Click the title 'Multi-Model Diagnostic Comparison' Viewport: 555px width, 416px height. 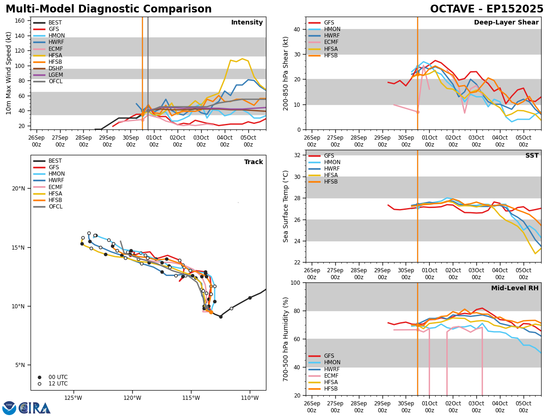pos(109,9)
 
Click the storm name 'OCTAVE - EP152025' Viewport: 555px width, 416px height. pos(487,9)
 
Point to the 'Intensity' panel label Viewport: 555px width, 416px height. pos(247,23)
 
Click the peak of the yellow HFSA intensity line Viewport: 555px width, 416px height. pos(242,59)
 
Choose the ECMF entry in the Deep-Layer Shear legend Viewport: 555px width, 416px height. pos(332,42)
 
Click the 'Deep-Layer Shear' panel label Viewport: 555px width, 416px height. pos(506,23)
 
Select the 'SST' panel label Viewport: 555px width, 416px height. pos(532,156)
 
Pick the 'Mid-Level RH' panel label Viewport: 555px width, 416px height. pos(515,288)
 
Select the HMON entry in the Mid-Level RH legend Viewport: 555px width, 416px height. pos(332,363)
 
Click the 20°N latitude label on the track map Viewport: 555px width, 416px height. pos(18,189)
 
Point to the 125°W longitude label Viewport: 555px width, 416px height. pos(73,398)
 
